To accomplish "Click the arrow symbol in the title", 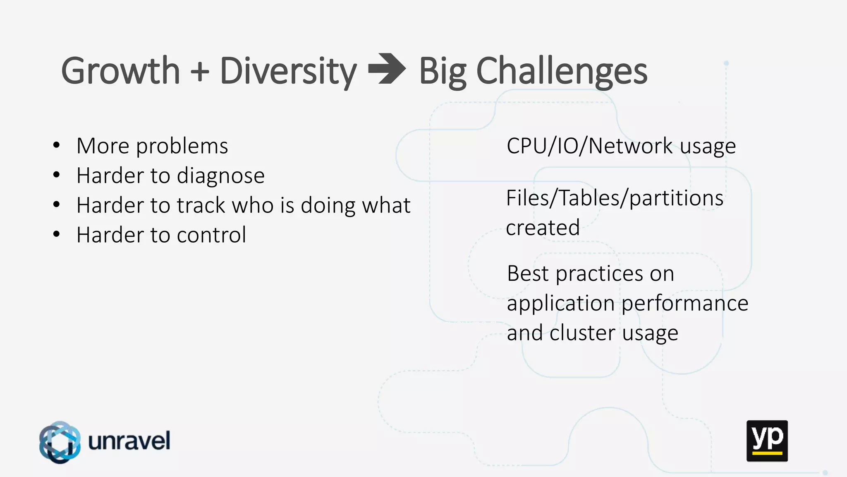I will tap(387, 69).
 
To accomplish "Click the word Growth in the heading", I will tap(120, 71).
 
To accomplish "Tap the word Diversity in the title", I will tap(288, 72).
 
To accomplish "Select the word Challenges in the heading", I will tap(562, 72).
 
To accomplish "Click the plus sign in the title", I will tap(200, 71).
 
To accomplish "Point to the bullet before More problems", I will tap(57, 145).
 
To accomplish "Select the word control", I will tap(211, 235).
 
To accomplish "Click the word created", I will tap(543, 228).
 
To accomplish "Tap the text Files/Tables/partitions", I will tap(615, 198).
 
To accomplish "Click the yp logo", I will tap(767, 441).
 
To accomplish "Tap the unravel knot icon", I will tap(60, 442).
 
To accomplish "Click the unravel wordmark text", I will tap(129, 441).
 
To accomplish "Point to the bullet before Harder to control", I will tap(57, 234).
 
